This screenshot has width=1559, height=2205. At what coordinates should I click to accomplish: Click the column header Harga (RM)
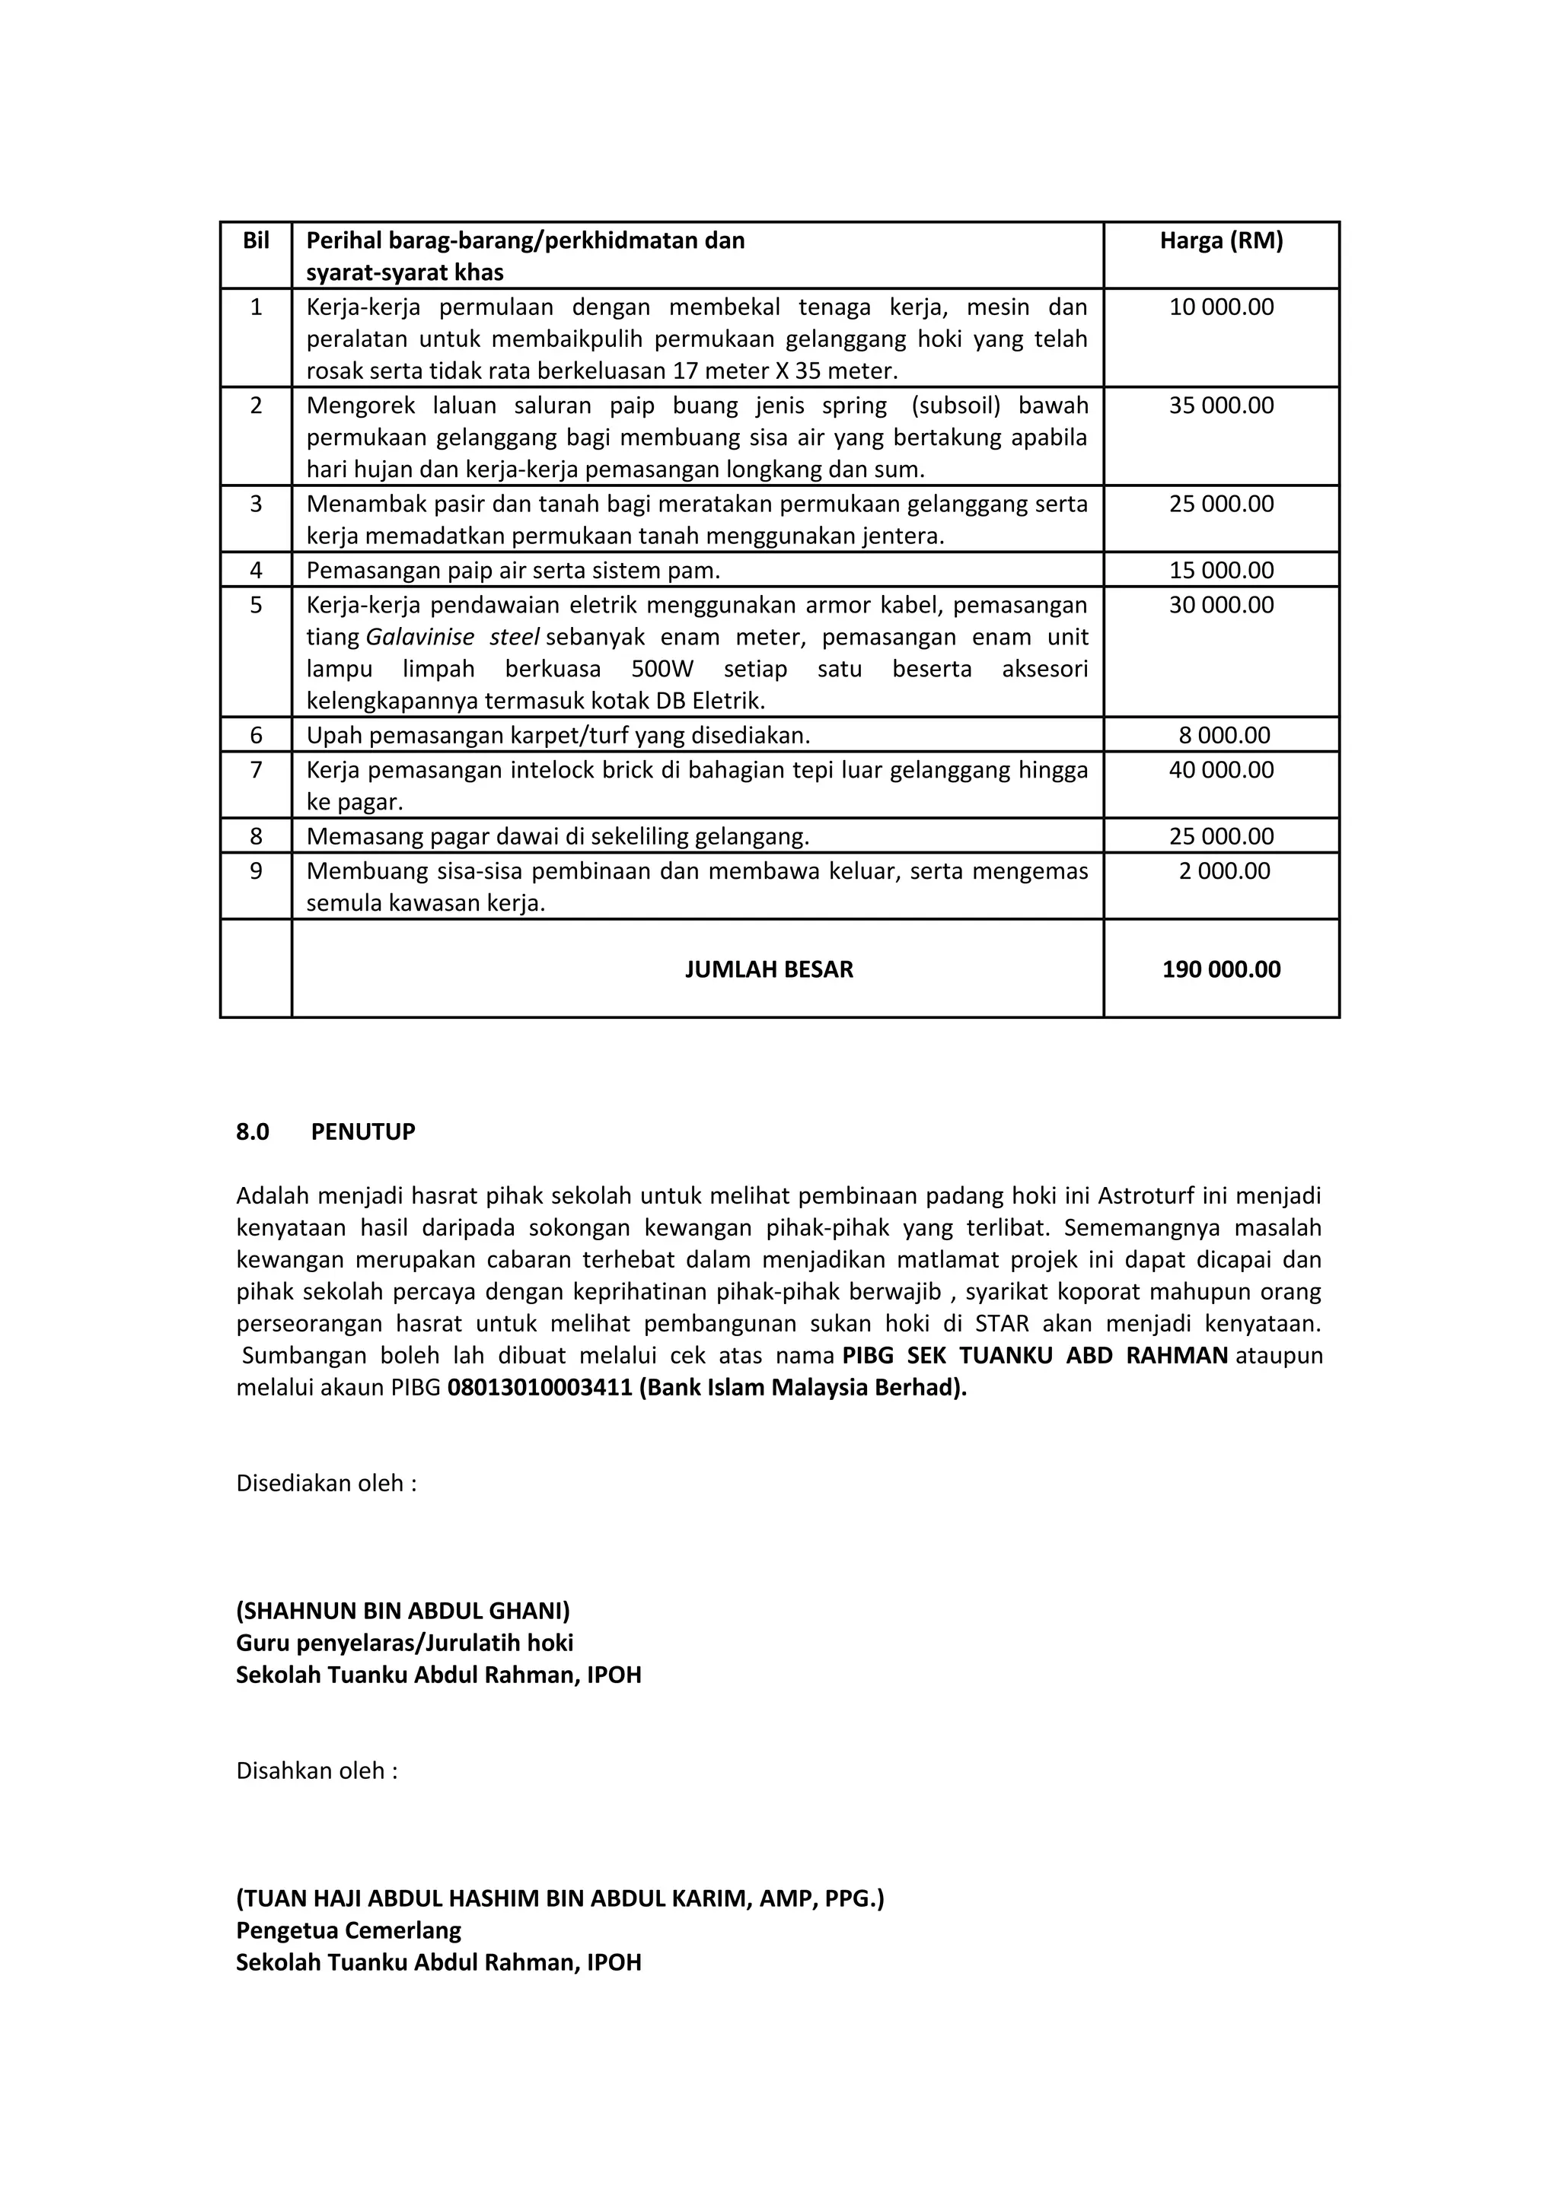pos(1221,240)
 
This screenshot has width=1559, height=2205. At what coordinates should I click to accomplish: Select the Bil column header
pos(256,240)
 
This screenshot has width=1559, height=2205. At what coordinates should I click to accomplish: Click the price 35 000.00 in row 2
pos(1221,406)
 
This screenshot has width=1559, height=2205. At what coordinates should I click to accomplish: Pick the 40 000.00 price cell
pos(1221,770)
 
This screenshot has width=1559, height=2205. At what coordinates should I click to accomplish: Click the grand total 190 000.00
pos(1221,969)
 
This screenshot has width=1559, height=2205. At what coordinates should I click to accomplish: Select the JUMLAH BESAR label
pos(768,969)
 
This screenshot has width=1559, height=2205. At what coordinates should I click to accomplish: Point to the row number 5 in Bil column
pos(256,605)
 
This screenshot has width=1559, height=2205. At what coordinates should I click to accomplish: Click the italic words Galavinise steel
pos(452,638)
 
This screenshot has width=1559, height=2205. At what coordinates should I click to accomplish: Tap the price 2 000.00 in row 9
pos(1224,871)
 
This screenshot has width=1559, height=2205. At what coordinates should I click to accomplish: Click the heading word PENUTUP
pos(363,1131)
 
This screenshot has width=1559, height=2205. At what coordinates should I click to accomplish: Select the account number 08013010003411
pos(540,1388)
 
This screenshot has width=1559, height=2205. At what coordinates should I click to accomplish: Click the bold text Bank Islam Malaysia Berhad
pos(802,1388)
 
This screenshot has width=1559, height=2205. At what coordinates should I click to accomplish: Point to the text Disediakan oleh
pos(326,1483)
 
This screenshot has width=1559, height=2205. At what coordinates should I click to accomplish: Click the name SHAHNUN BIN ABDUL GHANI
pos(403,1611)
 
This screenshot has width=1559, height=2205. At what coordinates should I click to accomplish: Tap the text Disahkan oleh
pos(316,1770)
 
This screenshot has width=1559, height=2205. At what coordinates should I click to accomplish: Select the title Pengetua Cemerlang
pos(349,1930)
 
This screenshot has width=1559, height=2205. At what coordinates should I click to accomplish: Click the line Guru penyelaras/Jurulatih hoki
pos(404,1642)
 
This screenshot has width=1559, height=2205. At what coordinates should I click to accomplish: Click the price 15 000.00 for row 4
pos(1221,571)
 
